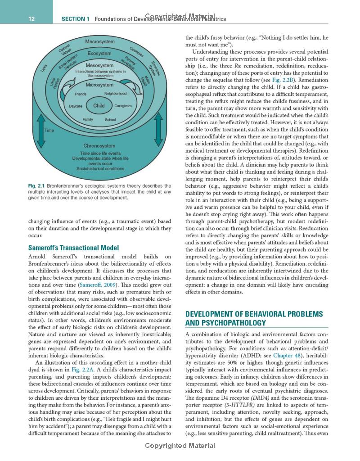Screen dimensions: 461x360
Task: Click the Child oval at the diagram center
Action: tap(99, 106)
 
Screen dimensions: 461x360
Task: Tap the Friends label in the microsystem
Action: tap(81, 94)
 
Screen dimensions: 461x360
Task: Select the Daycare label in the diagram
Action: tap(76, 106)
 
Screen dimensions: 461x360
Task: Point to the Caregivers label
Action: tap(123, 106)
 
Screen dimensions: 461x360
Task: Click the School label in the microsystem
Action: tap(110, 120)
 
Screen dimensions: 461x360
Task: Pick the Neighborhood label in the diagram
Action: tap(115, 94)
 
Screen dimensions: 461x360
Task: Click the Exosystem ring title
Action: tap(99, 54)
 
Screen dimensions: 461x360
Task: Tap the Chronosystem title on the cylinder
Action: tap(99, 146)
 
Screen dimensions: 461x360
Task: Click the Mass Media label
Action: tap(144, 81)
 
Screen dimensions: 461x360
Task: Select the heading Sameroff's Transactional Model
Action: tap(73, 248)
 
